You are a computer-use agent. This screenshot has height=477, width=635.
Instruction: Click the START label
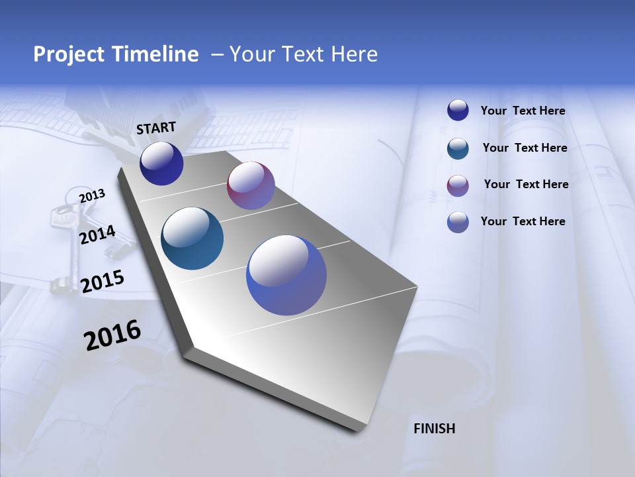pyautogui.click(x=156, y=128)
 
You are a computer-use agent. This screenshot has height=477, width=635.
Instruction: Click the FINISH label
pyautogui.click(x=434, y=429)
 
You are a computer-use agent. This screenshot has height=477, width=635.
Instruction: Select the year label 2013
pyautogui.click(x=92, y=196)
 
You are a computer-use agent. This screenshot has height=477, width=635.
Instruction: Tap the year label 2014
pyautogui.click(x=97, y=235)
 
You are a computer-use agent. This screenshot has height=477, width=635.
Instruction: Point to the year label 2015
pyautogui.click(x=102, y=281)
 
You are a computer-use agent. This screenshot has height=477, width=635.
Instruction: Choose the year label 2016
pyautogui.click(x=112, y=335)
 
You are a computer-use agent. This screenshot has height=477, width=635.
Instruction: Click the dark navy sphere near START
pyautogui.click(x=161, y=164)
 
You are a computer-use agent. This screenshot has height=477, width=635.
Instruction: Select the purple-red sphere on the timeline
pyautogui.click(x=251, y=185)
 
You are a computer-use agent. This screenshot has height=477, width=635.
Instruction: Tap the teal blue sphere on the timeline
pyautogui.click(x=192, y=238)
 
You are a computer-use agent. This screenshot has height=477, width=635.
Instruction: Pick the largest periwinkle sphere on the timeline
pyautogui.click(x=286, y=275)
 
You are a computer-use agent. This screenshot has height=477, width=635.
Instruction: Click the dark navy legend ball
pyautogui.click(x=458, y=111)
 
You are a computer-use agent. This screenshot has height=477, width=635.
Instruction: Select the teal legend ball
pyautogui.click(x=458, y=148)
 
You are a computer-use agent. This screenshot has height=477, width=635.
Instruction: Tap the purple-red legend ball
pyautogui.click(x=458, y=185)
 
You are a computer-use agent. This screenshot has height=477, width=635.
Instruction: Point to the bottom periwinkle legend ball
pyautogui.click(x=458, y=222)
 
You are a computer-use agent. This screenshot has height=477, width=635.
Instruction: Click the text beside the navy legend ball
pyautogui.click(x=523, y=111)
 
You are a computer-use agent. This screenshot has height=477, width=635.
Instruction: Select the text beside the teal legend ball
pyautogui.click(x=525, y=148)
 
